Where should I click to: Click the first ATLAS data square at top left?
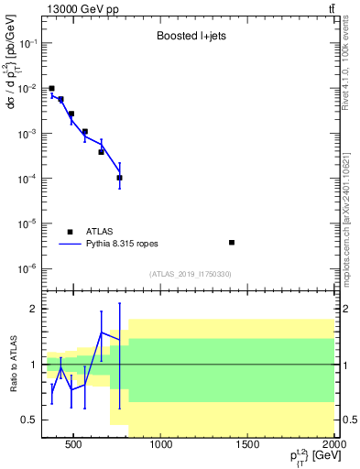(51, 89)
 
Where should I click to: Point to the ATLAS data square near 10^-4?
(120, 178)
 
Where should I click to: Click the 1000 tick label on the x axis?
(161, 446)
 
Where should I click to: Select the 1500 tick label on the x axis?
(248, 446)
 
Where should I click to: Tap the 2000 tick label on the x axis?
(333, 446)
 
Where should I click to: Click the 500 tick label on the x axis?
(75, 446)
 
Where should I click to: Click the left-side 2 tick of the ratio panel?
(33, 309)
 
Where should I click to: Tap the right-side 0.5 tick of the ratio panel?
(348, 420)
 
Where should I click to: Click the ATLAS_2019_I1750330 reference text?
(190, 274)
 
